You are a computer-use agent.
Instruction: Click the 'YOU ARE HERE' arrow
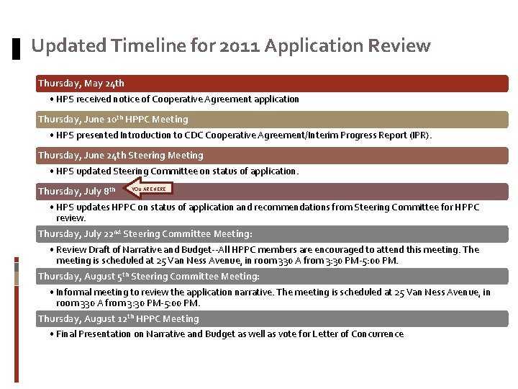[x=148, y=189]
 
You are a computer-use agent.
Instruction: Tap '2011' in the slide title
[x=237, y=46]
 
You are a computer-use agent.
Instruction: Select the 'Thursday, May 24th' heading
[x=81, y=84]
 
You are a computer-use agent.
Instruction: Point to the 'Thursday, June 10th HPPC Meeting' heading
[x=113, y=120]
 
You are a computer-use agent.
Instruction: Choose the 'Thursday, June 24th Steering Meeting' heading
[x=121, y=156]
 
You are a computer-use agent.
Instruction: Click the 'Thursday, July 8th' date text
[x=76, y=192]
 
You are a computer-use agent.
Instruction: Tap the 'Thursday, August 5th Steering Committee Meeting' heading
[x=148, y=277]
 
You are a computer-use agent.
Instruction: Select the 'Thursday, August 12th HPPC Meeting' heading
[x=118, y=319]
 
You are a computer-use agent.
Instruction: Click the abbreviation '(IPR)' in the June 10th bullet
[x=418, y=135]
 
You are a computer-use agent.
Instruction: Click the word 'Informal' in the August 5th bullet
[x=74, y=292]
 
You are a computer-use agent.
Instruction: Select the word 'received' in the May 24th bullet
[x=93, y=99]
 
